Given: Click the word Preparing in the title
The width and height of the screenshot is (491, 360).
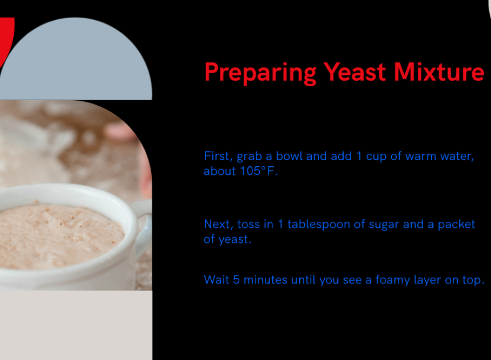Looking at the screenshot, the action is (x=260, y=73).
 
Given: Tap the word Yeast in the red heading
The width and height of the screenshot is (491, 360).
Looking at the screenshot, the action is (x=354, y=73).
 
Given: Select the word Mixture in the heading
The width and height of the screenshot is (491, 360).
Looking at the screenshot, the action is (x=439, y=72).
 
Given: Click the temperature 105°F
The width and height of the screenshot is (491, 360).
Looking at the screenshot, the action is (x=258, y=171).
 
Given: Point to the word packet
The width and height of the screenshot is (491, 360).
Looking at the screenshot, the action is (x=456, y=225).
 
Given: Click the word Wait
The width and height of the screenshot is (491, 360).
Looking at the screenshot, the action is (x=216, y=280).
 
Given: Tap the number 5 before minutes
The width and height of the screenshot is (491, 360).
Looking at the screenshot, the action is (x=236, y=280).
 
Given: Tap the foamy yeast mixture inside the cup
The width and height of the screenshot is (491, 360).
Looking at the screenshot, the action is (x=59, y=235).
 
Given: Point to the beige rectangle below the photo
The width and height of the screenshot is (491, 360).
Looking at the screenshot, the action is (x=76, y=325).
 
